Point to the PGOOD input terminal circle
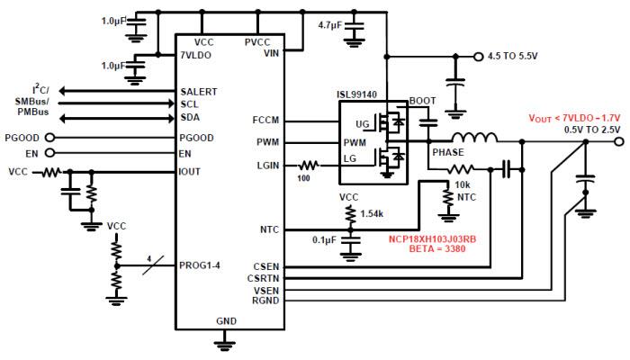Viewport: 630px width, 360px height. [49, 138]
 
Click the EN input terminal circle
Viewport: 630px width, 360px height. [49, 154]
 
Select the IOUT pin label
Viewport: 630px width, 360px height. [191, 170]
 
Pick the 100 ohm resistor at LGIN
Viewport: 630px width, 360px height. [308, 165]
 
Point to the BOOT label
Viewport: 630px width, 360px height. [422, 101]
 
